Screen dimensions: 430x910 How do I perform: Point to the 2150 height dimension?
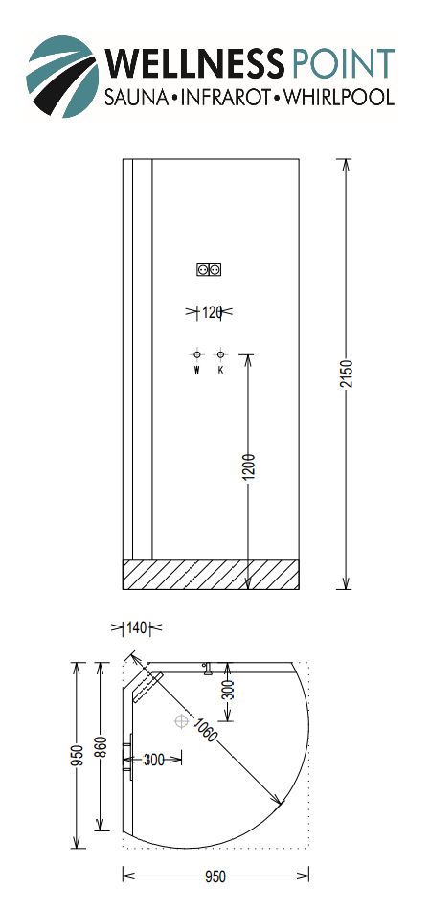[x=347, y=375]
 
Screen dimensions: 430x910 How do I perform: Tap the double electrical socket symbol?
[x=210, y=270]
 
